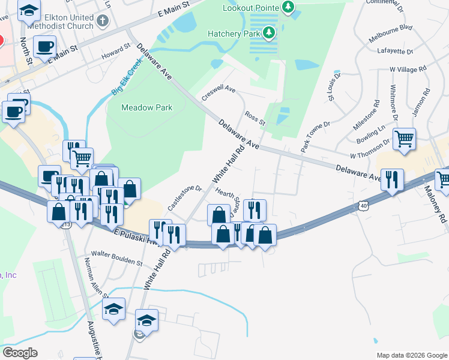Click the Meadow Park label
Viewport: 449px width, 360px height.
(146, 108)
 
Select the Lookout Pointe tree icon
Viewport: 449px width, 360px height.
(289, 7)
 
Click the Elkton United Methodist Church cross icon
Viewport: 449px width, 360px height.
(103, 21)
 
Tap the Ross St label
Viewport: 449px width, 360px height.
(255, 118)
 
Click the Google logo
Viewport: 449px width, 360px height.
(20, 353)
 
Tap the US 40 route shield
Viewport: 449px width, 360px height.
(364, 205)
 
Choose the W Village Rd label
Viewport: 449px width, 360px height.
(408, 70)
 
